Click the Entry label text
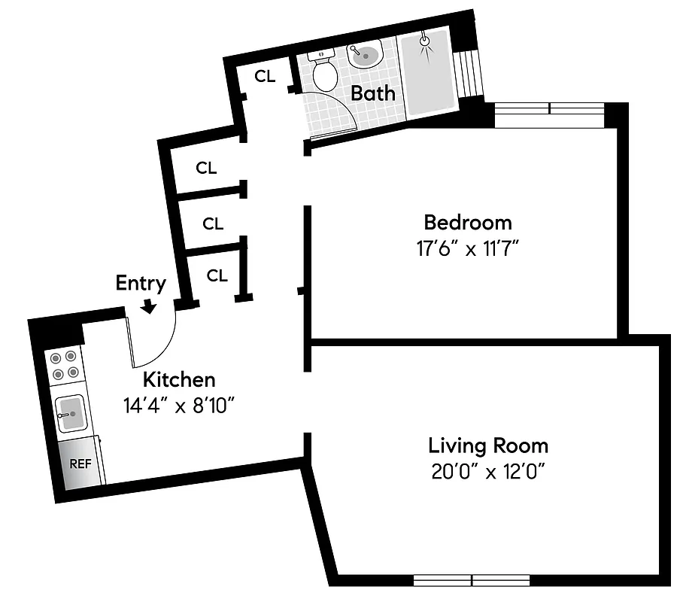(140, 283)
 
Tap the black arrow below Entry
(149, 306)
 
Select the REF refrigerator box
(80, 464)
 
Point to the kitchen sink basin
(71, 412)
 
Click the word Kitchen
(179, 380)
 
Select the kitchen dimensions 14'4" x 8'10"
(180, 406)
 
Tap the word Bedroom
(467, 223)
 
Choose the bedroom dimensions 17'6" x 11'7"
(467, 248)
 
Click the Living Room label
(487, 445)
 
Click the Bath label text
(373, 94)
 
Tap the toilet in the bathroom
(324, 70)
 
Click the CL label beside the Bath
(265, 76)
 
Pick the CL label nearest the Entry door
(217, 276)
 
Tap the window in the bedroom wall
(549, 109)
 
